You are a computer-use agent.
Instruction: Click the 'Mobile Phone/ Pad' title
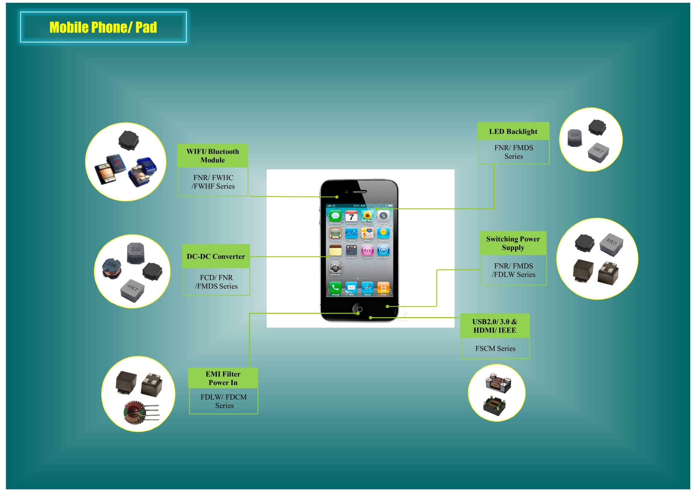(x=103, y=27)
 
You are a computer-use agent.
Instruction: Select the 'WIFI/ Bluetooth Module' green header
(x=213, y=156)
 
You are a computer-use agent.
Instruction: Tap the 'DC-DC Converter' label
(x=215, y=256)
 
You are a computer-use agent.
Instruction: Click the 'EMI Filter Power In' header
(x=223, y=378)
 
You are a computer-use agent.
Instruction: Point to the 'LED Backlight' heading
(x=513, y=131)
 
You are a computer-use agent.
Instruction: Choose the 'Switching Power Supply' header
(x=513, y=243)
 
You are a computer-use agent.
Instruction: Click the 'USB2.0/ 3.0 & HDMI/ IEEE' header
(x=494, y=326)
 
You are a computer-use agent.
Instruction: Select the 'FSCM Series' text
(x=495, y=348)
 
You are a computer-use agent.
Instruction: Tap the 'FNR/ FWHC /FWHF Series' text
(x=213, y=182)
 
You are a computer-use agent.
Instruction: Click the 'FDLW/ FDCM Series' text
(x=224, y=401)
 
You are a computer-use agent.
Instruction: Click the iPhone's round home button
(x=359, y=309)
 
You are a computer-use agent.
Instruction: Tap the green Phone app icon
(x=335, y=287)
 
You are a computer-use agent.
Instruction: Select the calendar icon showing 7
(x=351, y=216)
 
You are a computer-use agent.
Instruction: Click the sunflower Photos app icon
(x=367, y=216)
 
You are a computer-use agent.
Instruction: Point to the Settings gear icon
(x=335, y=268)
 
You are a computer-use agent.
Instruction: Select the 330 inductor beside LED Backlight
(x=574, y=138)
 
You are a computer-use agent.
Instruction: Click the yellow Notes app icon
(x=335, y=250)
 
